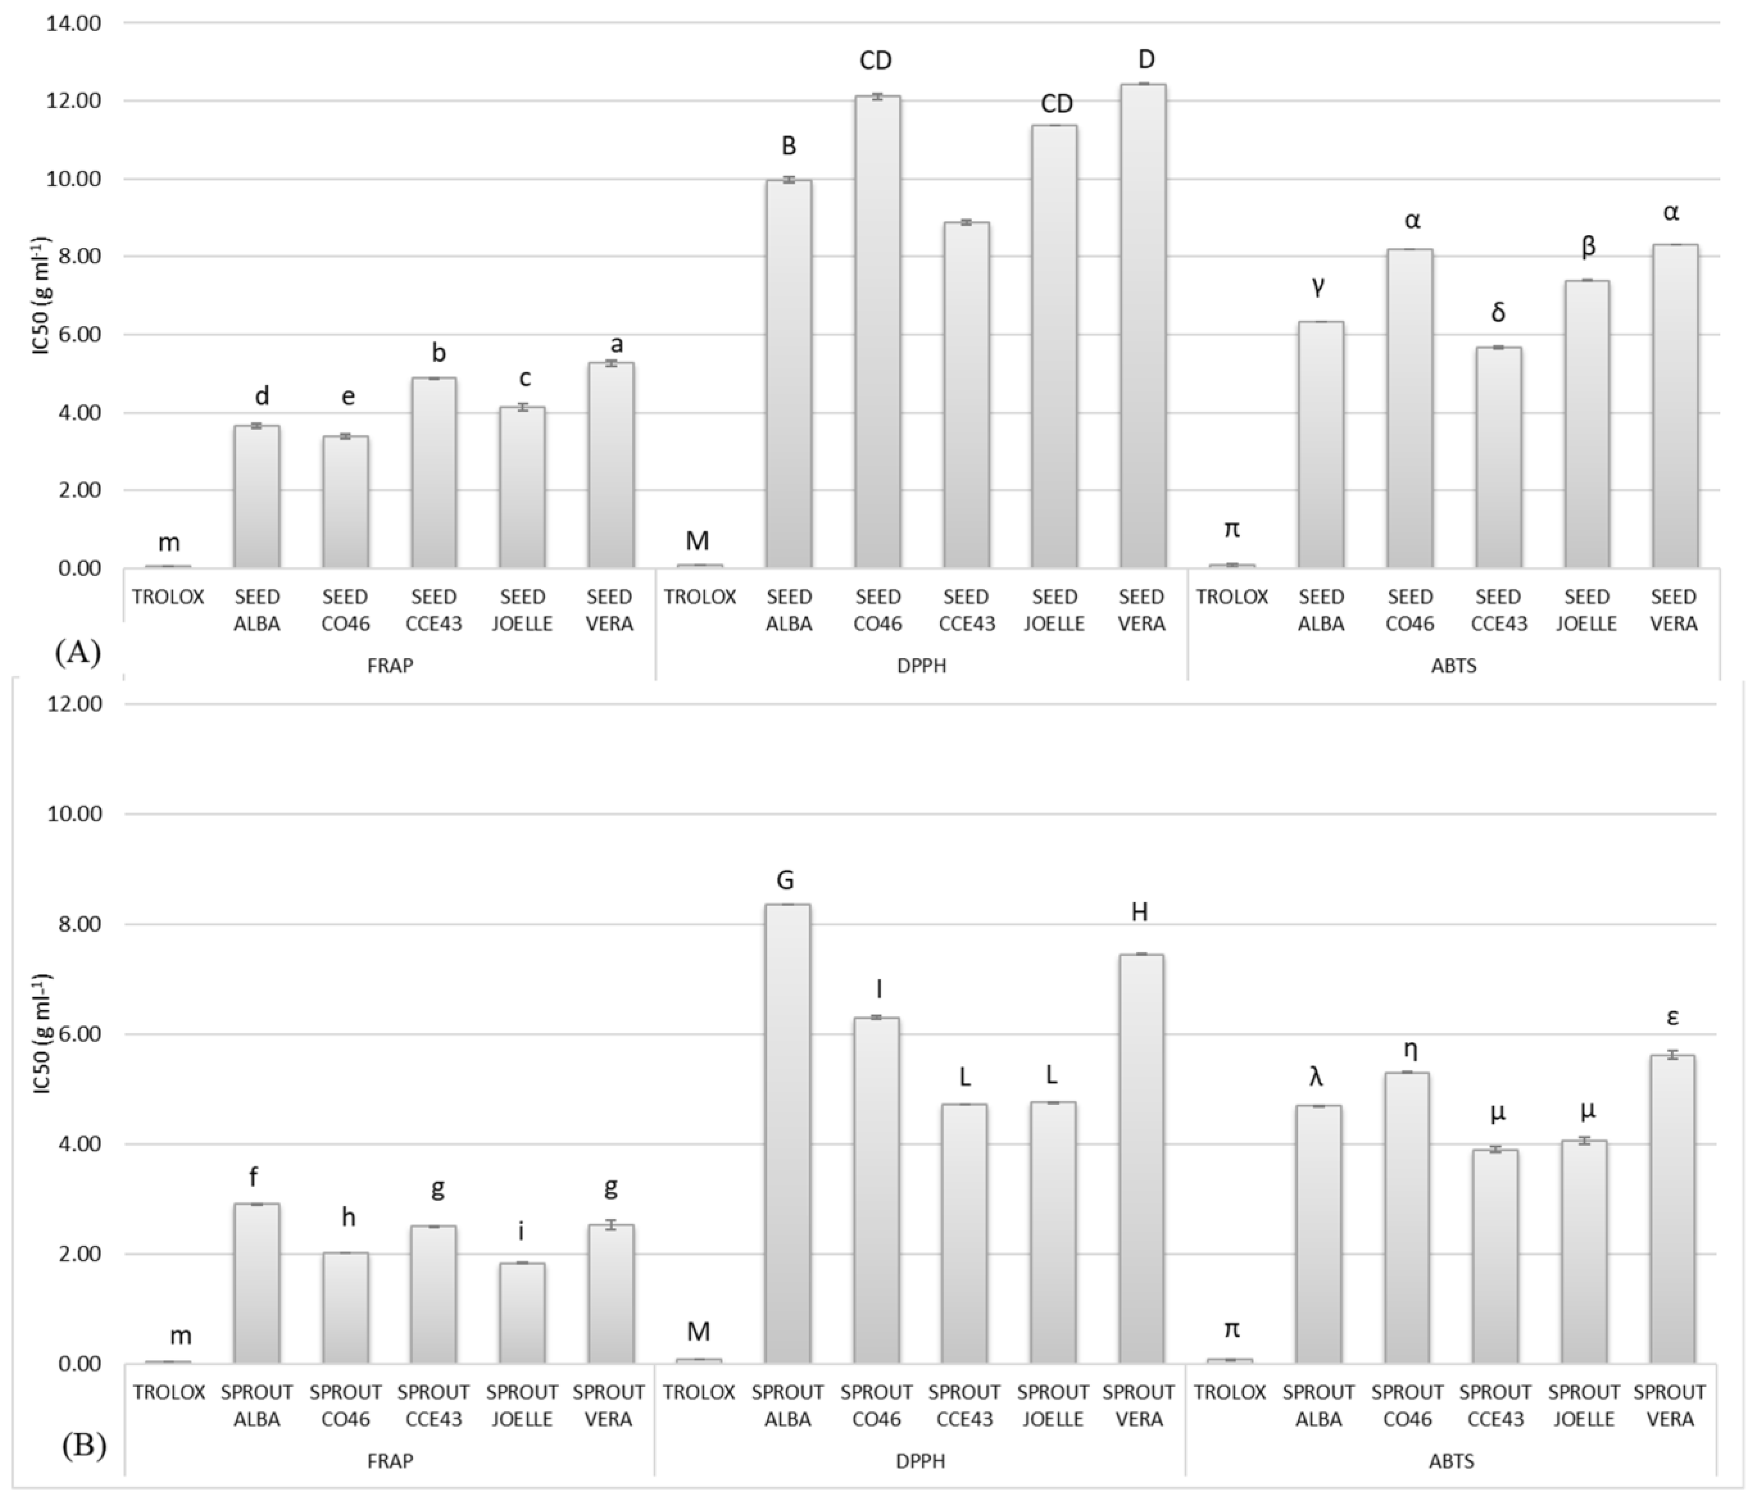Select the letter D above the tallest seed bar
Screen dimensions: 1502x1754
(x=1146, y=59)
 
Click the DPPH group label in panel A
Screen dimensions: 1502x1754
(x=921, y=666)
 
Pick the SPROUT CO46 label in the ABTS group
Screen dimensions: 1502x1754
(x=1407, y=1405)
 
